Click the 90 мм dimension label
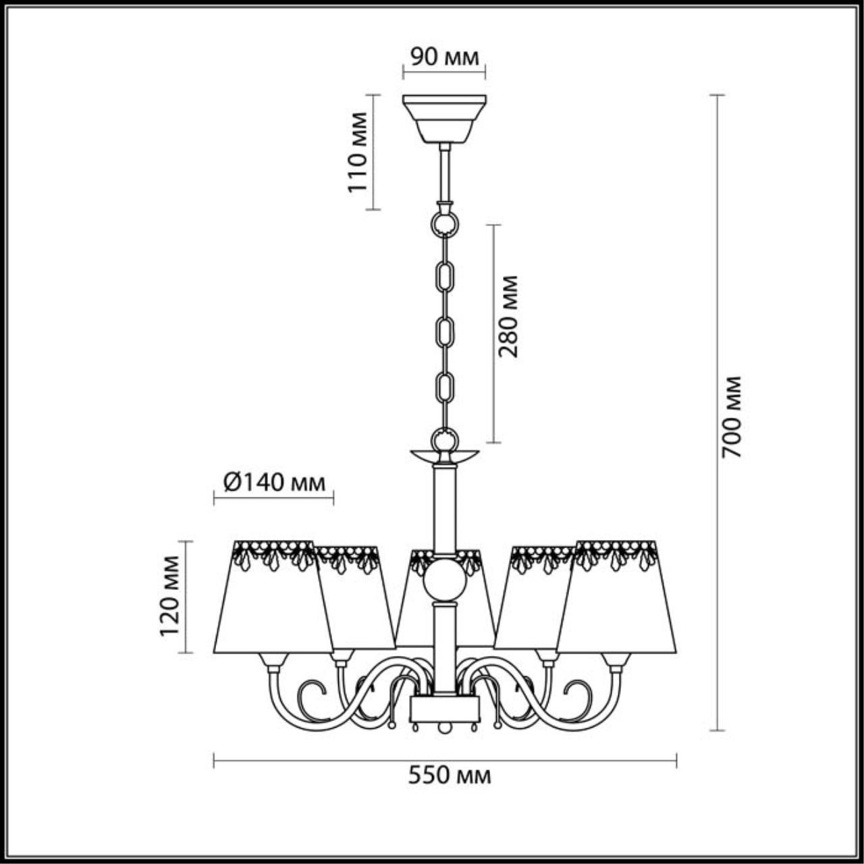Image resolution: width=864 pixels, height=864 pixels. (444, 57)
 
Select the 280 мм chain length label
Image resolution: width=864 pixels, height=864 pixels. (508, 316)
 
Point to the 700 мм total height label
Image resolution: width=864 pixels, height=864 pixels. (732, 417)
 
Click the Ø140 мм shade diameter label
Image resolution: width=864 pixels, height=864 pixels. (273, 482)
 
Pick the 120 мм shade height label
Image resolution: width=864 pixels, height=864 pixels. (169, 596)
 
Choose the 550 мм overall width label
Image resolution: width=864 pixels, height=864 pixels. (450, 776)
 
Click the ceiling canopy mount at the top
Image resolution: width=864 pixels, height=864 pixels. (444, 118)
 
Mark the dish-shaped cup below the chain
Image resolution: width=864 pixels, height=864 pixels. (444, 456)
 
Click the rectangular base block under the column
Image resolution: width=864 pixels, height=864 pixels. (445, 709)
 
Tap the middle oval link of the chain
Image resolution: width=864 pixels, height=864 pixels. (444, 331)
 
